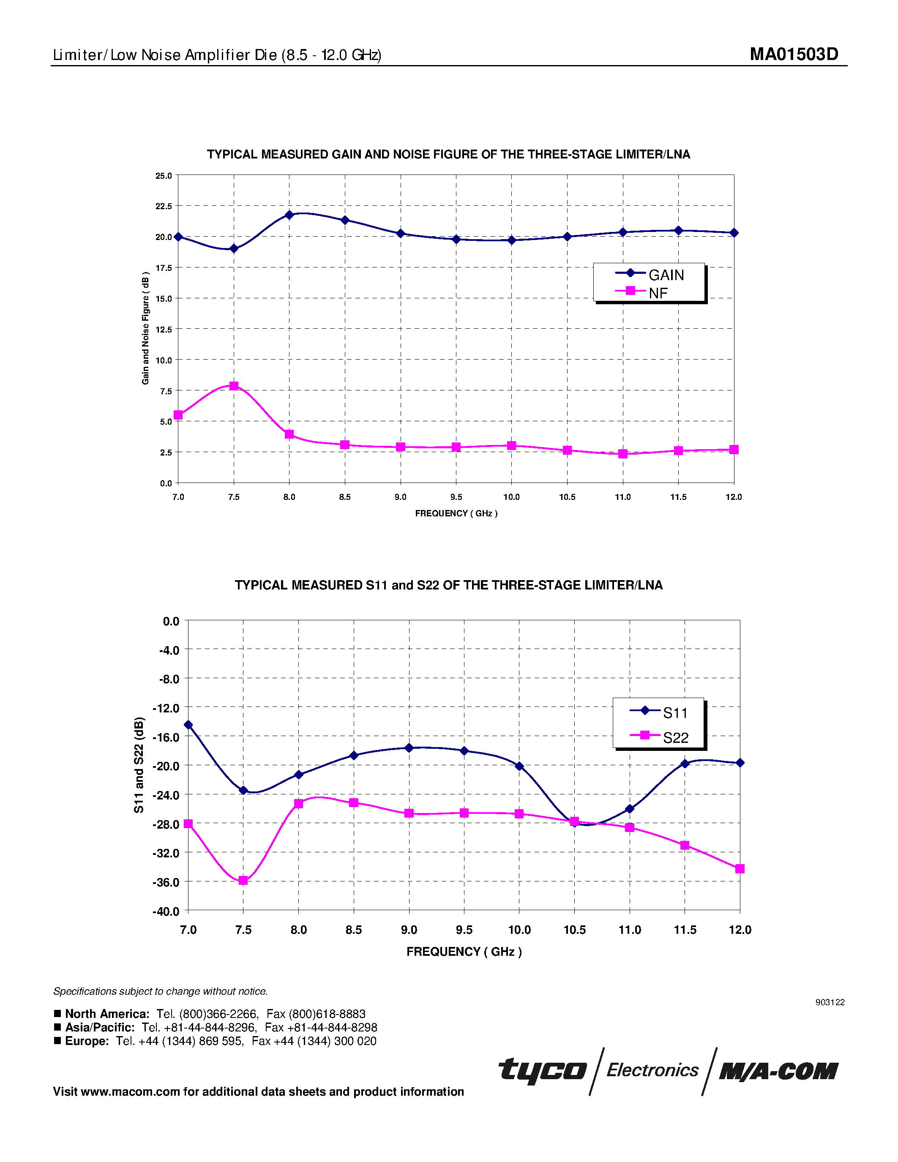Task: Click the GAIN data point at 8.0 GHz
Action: (289, 215)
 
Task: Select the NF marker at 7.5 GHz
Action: (234, 386)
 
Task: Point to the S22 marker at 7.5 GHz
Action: (243, 881)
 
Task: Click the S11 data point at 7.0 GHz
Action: (188, 725)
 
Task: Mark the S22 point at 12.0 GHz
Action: (740, 869)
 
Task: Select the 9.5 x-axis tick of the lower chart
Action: (464, 930)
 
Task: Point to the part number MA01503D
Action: (794, 54)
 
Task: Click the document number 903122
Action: (830, 1002)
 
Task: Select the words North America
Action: (107, 1014)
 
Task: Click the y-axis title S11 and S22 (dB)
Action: (139, 765)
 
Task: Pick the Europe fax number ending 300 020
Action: (314, 1041)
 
